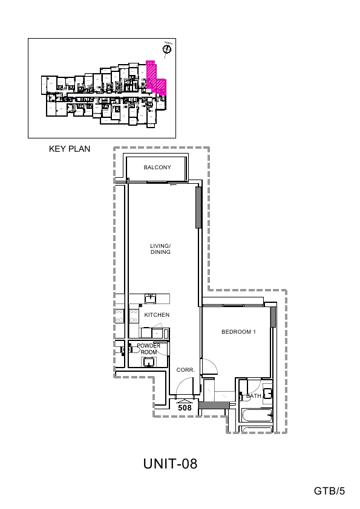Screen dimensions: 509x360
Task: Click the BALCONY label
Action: [x=157, y=167]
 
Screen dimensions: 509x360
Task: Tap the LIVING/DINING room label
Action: [x=160, y=249]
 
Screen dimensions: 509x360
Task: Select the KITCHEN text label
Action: [x=157, y=315]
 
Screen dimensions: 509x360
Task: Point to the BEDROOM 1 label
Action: [x=239, y=332]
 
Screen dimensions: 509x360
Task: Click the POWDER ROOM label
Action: [x=148, y=349]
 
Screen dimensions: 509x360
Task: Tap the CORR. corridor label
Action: [x=185, y=369]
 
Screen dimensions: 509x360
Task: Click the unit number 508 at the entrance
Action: [x=185, y=408]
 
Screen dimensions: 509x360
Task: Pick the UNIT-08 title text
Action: [x=171, y=464]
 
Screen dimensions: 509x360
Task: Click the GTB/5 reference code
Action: [x=329, y=491]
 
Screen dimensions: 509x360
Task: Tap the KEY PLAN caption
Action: [x=70, y=149]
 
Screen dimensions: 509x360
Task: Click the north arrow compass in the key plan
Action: [x=167, y=50]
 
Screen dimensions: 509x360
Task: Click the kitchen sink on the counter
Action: [x=150, y=298]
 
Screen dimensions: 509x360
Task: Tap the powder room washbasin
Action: [x=148, y=362]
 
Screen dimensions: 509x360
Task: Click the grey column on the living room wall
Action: [x=198, y=207]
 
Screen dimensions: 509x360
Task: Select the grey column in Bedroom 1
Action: [x=273, y=317]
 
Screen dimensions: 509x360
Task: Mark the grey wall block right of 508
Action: [x=212, y=406]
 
